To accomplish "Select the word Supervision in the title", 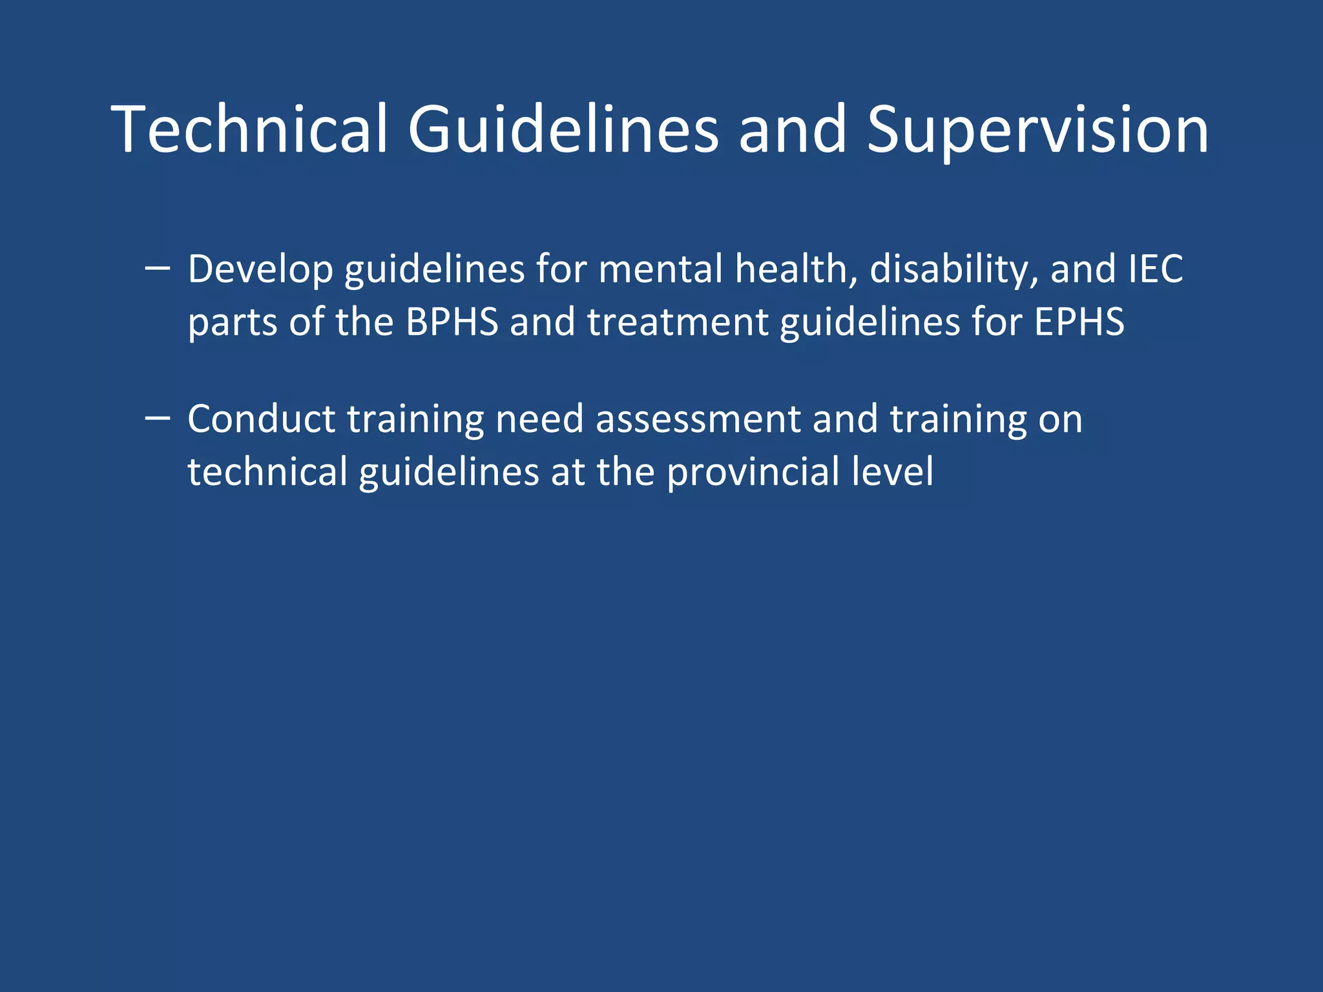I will pos(1037,130).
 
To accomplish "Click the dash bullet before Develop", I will pos(158,267).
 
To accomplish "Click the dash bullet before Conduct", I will pos(158,418).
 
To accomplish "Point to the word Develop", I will pos(260,270).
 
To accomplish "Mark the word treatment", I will pos(677,322).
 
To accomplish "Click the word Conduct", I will pos(261,419).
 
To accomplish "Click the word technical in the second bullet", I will pos(267,471).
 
